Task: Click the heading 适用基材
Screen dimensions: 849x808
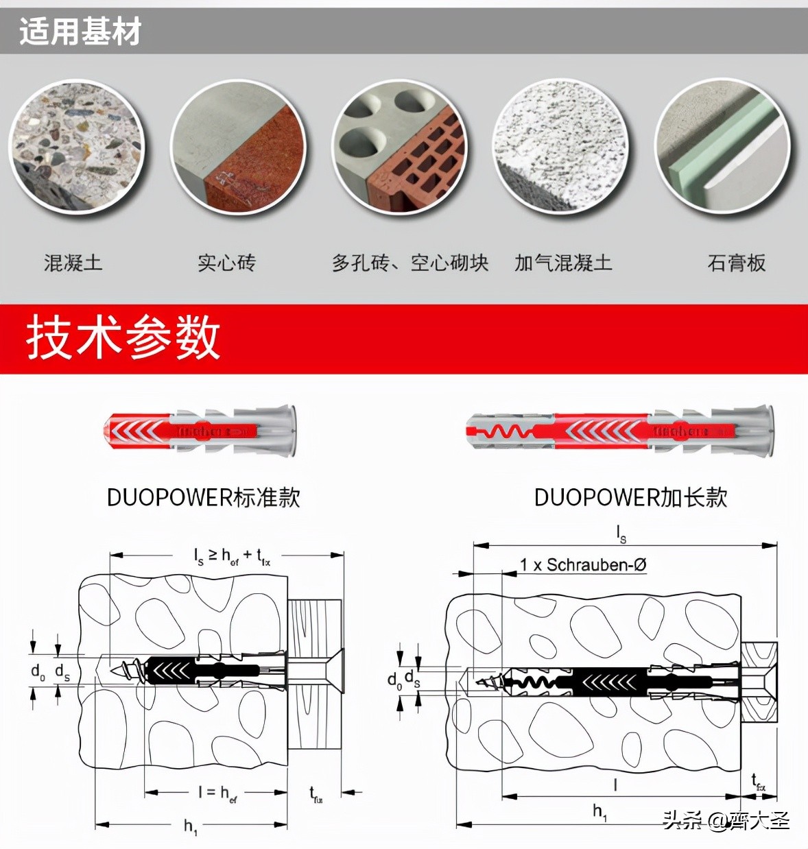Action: point(80,32)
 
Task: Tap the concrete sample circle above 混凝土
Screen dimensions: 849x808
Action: point(77,146)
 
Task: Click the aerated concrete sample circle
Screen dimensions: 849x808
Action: point(561,146)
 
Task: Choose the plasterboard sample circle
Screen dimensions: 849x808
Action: point(722,146)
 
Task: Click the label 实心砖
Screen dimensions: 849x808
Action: point(226,263)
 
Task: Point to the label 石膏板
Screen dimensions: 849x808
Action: point(736,263)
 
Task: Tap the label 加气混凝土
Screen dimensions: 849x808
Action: point(563,263)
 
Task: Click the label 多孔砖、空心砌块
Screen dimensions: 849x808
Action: point(409,263)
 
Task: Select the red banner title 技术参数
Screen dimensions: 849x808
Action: point(123,337)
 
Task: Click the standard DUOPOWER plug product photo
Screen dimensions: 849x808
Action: point(200,431)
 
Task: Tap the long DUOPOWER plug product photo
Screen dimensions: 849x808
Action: point(621,431)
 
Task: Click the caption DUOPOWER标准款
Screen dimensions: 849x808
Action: point(204,497)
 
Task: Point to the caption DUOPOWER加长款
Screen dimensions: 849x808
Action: point(630,497)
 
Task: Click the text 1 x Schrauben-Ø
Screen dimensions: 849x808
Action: point(582,565)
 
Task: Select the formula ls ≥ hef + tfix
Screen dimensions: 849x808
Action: point(232,556)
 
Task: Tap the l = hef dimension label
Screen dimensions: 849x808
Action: point(217,793)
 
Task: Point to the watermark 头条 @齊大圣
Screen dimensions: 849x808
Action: point(726,820)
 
